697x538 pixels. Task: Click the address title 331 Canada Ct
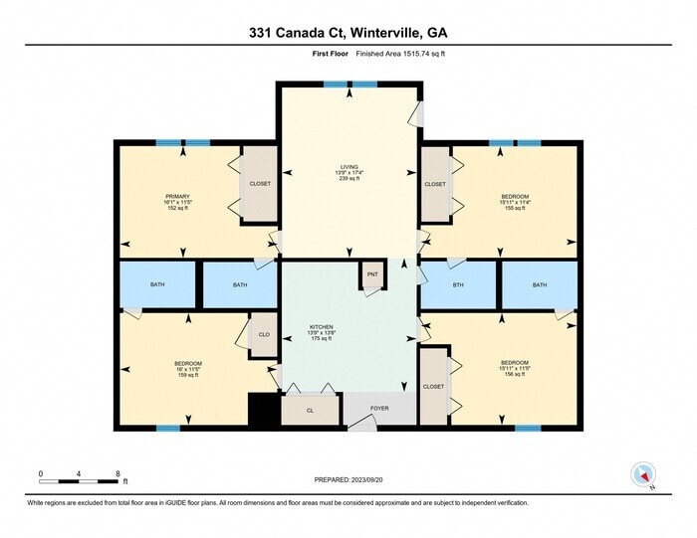[348, 33]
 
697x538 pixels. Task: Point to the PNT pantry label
[372, 274]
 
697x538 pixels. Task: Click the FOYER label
[379, 408]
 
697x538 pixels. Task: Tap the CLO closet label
[264, 335]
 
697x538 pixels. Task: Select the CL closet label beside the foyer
[310, 409]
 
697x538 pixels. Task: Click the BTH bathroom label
[458, 285]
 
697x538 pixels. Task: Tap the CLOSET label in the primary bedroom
[260, 184]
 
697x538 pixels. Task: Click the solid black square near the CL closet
[262, 412]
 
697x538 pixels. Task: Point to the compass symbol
[643, 474]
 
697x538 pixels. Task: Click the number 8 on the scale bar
[117, 473]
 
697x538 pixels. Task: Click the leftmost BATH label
[157, 285]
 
